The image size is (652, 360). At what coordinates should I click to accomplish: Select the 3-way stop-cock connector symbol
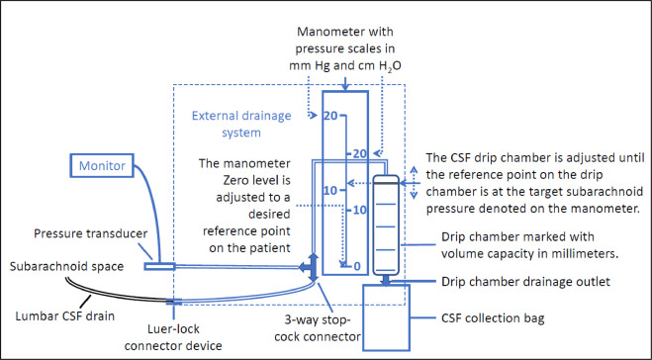pos(310,268)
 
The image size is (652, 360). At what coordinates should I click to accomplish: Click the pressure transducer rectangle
pos(159,266)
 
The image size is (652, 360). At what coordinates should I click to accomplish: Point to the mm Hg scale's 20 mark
pos(330,116)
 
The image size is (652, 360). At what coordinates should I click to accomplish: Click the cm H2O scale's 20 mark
pos(360,154)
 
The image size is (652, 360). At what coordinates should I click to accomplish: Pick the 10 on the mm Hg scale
pos(330,191)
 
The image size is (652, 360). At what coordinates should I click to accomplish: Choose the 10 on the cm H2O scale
pos(360,211)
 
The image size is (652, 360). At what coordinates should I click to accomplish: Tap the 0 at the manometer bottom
pos(357,266)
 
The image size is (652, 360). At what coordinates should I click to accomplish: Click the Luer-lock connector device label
pos(173,337)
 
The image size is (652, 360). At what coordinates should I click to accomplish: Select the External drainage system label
pos(241,124)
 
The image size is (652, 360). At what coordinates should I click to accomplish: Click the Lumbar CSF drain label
pos(65,315)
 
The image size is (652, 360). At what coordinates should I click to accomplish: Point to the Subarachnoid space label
pos(66,266)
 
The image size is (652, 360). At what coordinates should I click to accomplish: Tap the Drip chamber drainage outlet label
pos(525,282)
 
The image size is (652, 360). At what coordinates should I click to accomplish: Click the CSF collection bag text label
pos(493,318)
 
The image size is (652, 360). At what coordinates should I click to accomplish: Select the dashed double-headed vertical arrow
pos(414,183)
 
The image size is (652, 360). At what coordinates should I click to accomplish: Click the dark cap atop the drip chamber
pos(386,180)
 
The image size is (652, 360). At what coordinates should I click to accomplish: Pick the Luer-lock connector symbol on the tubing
pos(173,302)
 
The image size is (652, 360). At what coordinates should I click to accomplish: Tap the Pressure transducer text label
pos(91,233)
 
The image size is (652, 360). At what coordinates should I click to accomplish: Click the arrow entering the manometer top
pos(344,84)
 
